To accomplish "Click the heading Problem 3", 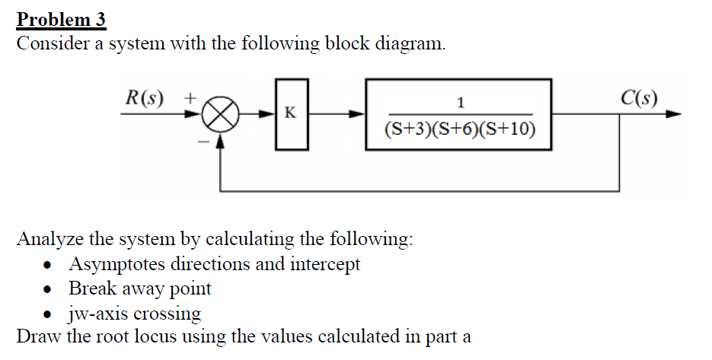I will pyautogui.click(x=62, y=18).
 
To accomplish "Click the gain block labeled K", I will pyautogui.click(x=290, y=115).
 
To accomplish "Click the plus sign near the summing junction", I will pyautogui.click(x=190, y=97).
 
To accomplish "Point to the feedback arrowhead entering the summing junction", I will pyautogui.click(x=220, y=139).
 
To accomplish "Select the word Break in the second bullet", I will pyautogui.click(x=91, y=288).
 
